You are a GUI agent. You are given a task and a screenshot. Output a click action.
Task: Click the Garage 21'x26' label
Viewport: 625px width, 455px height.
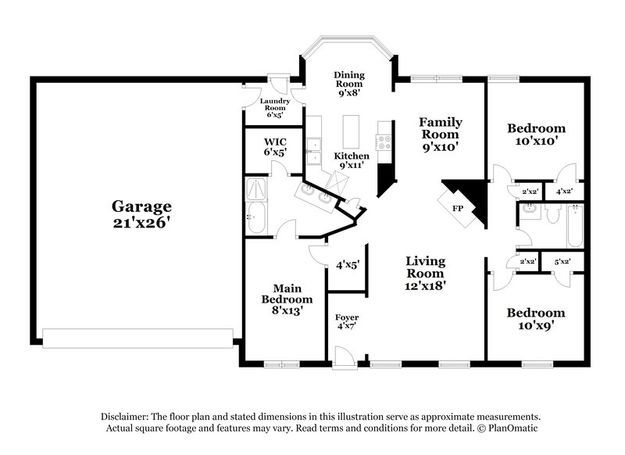tap(141, 214)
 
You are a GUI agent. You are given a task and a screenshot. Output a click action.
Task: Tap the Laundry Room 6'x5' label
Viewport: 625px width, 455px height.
tap(276, 107)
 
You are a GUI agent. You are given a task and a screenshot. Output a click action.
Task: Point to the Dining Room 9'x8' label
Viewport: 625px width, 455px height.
tap(349, 84)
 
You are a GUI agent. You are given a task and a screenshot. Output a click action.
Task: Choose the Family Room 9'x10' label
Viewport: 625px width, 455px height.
tap(440, 134)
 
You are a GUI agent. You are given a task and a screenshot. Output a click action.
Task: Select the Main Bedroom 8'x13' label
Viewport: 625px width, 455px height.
tap(287, 299)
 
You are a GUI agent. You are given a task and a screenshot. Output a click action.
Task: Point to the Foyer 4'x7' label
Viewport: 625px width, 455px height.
tap(347, 323)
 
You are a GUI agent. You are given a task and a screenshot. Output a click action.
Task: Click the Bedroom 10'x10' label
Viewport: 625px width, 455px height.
tap(536, 134)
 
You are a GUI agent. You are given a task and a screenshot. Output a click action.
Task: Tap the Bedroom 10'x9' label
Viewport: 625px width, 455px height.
tap(536, 319)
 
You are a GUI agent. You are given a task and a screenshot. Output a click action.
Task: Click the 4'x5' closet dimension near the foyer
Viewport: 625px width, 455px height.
tap(346, 265)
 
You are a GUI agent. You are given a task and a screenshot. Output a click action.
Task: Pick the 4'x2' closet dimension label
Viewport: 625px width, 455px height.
tap(564, 191)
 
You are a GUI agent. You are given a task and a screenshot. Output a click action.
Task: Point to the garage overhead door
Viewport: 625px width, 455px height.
tap(137, 338)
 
